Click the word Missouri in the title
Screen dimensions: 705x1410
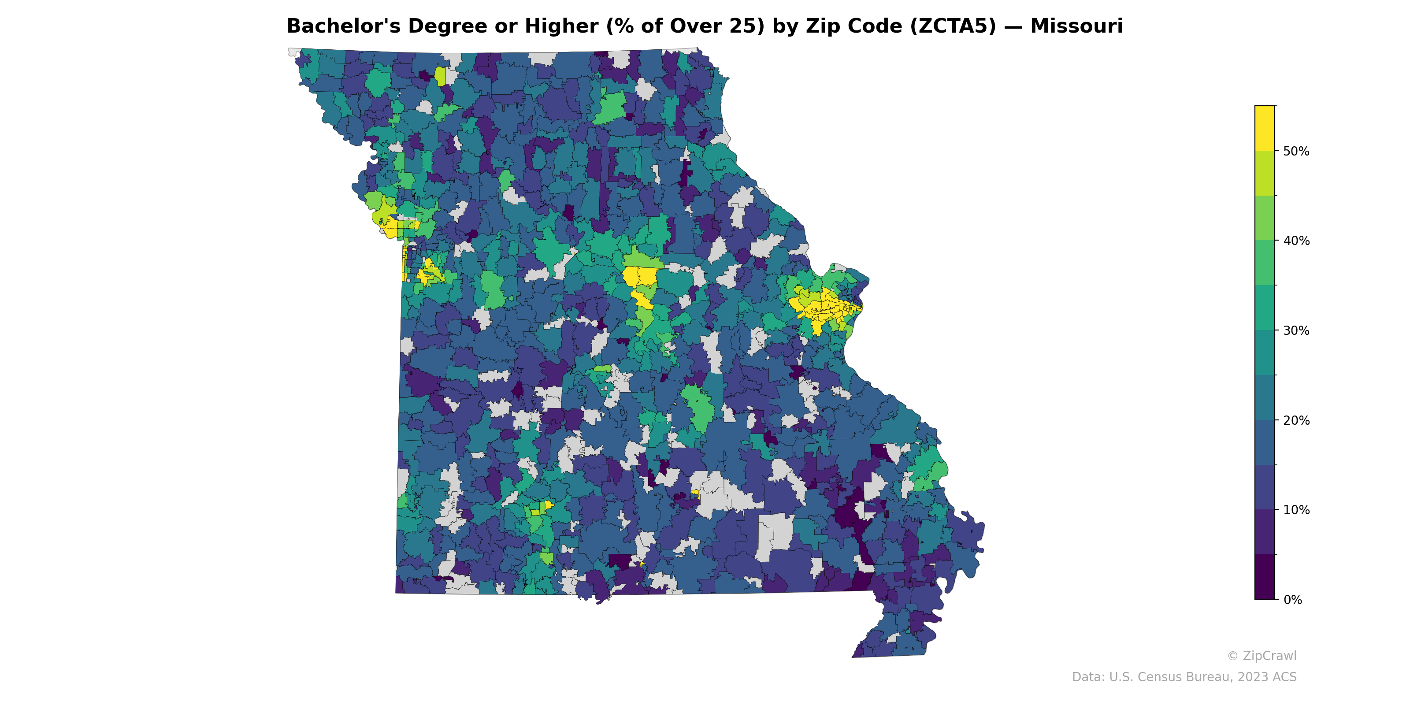click(x=1076, y=26)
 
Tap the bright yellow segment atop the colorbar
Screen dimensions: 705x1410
click(x=1265, y=128)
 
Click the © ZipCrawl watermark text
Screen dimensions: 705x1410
click(x=1262, y=656)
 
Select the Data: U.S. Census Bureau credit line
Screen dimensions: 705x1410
click(x=1184, y=678)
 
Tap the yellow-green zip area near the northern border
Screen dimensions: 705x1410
click(x=440, y=76)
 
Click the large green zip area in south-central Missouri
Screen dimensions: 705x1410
click(x=699, y=408)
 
